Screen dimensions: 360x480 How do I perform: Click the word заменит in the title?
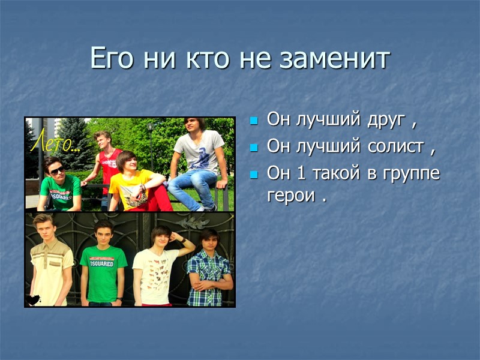338,59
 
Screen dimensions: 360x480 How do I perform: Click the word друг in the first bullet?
383,119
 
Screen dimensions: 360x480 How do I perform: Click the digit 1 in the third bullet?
300,173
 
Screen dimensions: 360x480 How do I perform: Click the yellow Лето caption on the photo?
53,144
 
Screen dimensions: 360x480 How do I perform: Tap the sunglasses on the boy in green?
56,171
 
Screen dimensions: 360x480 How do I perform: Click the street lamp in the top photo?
151,129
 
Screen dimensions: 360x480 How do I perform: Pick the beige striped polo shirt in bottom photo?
50,271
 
